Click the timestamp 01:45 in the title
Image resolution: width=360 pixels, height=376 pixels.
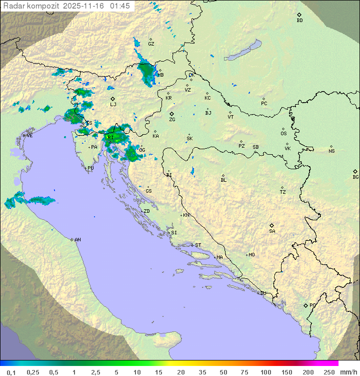pyautogui.click(x=120, y=6)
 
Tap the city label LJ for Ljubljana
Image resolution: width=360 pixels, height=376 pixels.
pyautogui.click(x=113, y=105)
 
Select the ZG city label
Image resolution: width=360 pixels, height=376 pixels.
pyautogui.click(x=172, y=120)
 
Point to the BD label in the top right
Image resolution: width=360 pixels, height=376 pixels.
pyautogui.click(x=299, y=21)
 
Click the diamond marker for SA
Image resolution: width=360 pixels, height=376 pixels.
pyautogui.click(x=272, y=225)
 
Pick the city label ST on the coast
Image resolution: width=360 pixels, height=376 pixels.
pyautogui.click(x=198, y=245)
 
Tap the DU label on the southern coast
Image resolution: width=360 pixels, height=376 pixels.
pyautogui.click(x=262, y=293)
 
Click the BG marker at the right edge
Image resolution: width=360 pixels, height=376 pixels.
pyautogui.click(x=355, y=171)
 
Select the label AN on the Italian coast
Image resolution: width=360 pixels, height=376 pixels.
pyautogui.click(x=77, y=240)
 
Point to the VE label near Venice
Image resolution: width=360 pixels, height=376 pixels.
pyautogui.click(x=29, y=136)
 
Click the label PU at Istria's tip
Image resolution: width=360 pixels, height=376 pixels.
pyautogui.click(x=90, y=168)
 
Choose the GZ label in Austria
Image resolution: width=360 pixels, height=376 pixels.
pyautogui.click(x=151, y=44)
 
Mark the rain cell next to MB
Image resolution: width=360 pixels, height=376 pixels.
pyautogui.click(x=147, y=73)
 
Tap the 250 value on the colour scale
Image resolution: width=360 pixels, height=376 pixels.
pyautogui.click(x=328, y=372)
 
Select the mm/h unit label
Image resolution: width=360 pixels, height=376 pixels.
pyautogui.click(x=346, y=372)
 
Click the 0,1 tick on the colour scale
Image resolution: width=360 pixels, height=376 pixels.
pyautogui.click(x=11, y=372)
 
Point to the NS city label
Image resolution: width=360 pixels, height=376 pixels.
pyautogui.click(x=331, y=151)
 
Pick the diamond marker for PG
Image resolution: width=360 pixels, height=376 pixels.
pyautogui.click(x=305, y=305)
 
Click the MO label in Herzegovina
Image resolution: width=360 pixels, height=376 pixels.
pyautogui.click(x=251, y=255)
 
